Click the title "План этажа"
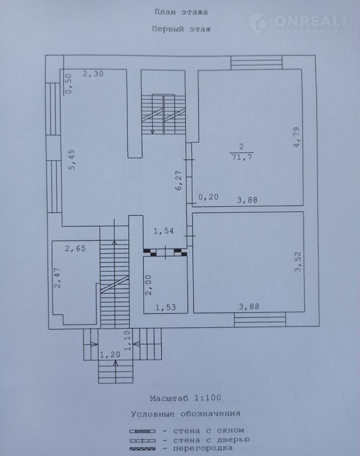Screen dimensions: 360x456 click(181, 12)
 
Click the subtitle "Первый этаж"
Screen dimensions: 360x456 click(181, 29)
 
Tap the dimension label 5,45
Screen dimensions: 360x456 click(72, 159)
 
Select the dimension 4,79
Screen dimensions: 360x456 click(296, 137)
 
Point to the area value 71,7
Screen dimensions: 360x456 click(242, 157)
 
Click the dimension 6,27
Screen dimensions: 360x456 click(178, 180)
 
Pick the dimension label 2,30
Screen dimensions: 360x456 click(93, 74)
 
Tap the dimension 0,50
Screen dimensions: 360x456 click(68, 84)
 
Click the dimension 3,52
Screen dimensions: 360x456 click(298, 262)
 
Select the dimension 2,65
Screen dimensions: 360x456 click(75, 249)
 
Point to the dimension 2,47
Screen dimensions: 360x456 click(58, 278)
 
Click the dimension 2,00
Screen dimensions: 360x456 click(148, 285)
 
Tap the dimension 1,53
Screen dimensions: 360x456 click(165, 307)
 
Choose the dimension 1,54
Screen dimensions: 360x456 click(163, 231)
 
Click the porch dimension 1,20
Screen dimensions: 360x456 click(110, 354)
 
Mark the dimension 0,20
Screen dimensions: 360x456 click(209, 197)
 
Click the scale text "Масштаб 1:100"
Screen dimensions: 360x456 click(186, 398)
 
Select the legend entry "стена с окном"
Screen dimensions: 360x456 click(209, 430)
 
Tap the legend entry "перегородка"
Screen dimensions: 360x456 click(203, 448)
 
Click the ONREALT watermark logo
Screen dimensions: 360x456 click(299, 23)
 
